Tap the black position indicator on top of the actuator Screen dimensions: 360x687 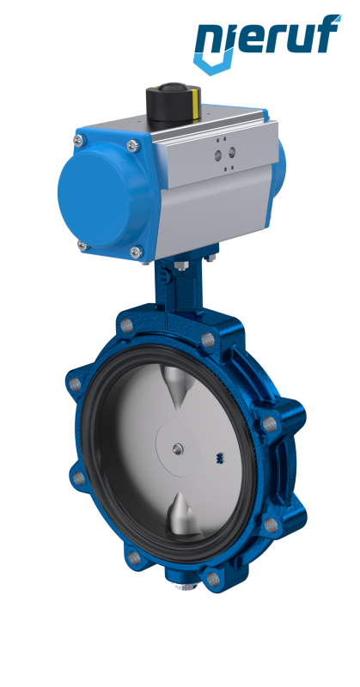[174, 101]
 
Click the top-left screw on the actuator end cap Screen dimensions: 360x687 [78, 140]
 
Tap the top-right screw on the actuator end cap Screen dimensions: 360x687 [133, 145]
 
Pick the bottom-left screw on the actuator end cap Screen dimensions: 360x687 [82, 246]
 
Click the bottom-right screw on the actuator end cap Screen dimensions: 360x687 [137, 252]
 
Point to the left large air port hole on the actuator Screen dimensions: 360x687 [218, 155]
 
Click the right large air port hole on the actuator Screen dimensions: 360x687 [231, 152]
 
